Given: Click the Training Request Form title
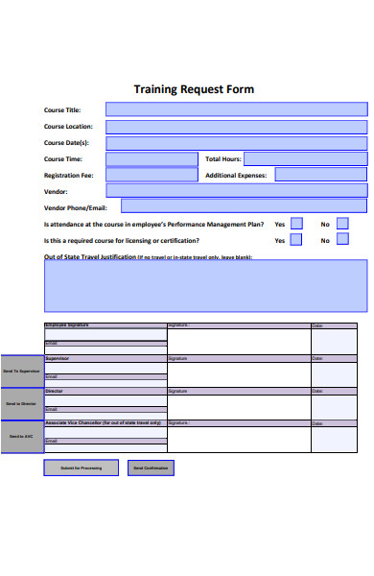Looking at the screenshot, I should click(194, 89).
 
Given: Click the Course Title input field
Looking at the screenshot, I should click(236, 109).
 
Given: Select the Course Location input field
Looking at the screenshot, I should click(236, 126).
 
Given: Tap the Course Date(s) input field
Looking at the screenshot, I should click(236, 142).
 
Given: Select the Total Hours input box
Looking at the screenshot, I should click(306, 158).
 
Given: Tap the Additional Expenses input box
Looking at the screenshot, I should click(320, 175).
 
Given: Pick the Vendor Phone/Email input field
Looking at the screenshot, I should click(244, 205).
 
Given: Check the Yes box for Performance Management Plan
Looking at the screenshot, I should click(296, 224).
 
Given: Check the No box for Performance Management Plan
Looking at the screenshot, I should click(342, 224).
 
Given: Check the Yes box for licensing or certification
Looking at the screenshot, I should click(296, 240).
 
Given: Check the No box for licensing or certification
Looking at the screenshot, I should click(342, 240).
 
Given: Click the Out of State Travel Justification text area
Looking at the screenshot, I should click(205, 285).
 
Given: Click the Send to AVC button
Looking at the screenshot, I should click(21, 437).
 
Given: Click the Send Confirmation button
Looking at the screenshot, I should click(150, 468).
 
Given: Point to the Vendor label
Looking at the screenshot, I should click(56, 191).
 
